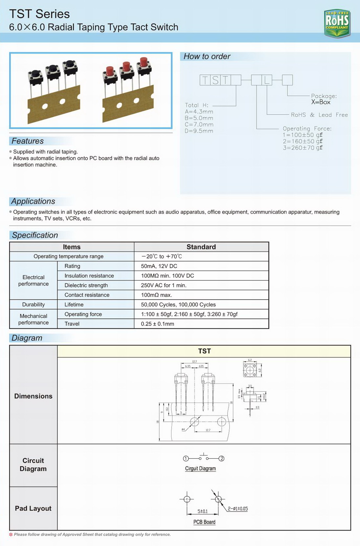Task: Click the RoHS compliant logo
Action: (337, 23)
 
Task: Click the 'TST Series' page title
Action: (39, 14)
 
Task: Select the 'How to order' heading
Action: (207, 57)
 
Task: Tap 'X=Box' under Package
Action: (321, 102)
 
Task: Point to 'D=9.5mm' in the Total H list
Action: (199, 131)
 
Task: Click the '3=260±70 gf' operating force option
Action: (303, 148)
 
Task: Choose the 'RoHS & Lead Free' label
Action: (319, 115)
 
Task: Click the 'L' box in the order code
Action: (267, 80)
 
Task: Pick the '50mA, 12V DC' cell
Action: (159, 266)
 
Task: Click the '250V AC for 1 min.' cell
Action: (164, 285)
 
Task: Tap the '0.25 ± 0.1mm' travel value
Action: (157, 324)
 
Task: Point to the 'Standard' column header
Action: (201, 247)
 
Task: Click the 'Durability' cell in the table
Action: (34, 305)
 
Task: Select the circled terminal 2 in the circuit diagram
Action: (222, 459)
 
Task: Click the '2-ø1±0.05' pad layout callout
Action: (238, 509)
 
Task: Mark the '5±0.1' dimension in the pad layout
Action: (203, 512)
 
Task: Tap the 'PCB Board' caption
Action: (204, 522)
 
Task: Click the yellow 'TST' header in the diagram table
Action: (204, 351)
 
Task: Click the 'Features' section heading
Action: (28, 141)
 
